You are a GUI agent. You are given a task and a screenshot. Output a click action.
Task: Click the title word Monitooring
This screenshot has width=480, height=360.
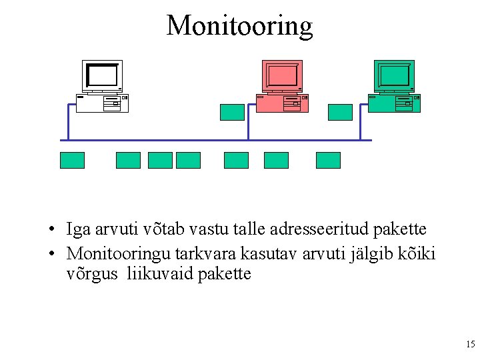(239, 26)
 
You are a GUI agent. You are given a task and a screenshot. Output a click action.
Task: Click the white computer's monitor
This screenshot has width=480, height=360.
(102, 75)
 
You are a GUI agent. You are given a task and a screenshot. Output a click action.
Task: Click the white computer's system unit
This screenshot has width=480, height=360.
(102, 103)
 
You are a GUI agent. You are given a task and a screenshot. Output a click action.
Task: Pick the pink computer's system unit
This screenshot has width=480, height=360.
(283, 103)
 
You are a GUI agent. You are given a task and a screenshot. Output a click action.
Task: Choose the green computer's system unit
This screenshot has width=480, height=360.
(395, 103)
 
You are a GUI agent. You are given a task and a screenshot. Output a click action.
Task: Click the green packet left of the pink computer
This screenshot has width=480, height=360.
(232, 112)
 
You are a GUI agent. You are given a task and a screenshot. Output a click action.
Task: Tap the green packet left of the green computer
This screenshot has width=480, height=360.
(340, 112)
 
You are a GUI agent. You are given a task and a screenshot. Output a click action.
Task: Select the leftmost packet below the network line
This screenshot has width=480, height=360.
(72, 160)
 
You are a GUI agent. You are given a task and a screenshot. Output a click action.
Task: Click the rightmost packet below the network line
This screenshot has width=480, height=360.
(328, 160)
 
